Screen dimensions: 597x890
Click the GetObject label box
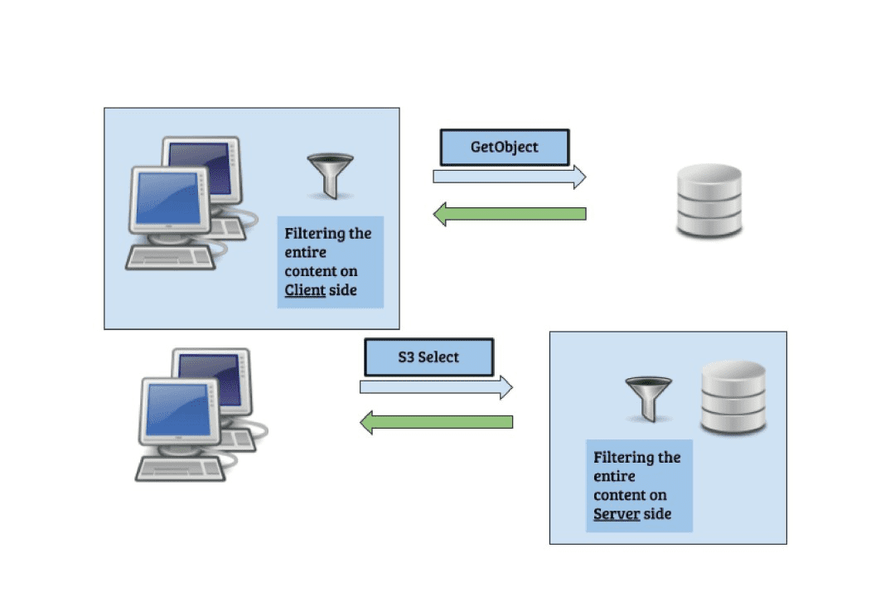504,148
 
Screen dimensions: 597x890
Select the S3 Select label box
429,357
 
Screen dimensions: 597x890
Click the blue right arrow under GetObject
509,176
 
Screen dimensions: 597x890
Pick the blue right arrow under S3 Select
436,386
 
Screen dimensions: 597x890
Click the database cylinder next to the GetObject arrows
709,202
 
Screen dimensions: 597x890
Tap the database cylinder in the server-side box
733,397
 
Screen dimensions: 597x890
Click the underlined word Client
305,290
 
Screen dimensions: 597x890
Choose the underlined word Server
617,514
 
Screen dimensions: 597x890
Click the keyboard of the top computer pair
171,255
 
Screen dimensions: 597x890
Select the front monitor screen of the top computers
168,198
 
